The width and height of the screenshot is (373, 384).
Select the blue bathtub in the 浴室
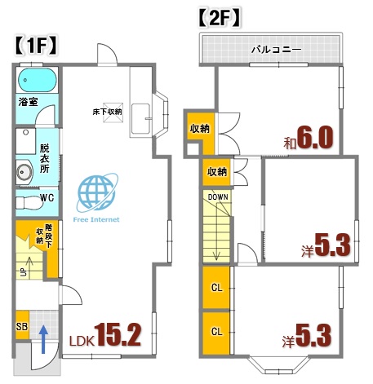tap(35, 82)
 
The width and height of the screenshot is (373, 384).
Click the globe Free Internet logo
tap(95, 192)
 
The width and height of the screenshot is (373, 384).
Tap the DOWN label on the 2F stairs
tap(217, 197)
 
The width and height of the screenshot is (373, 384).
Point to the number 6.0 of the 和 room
tap(316, 138)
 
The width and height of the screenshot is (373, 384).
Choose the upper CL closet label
tap(216, 289)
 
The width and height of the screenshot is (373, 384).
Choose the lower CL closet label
tap(216, 331)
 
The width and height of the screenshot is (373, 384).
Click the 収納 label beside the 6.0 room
tap(198, 129)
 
